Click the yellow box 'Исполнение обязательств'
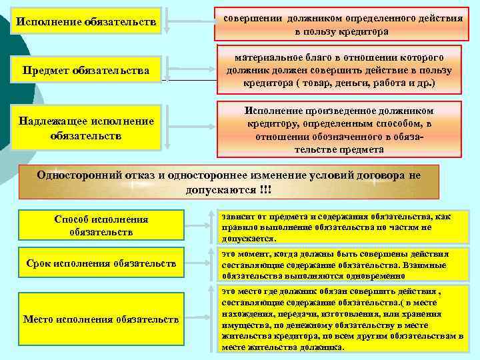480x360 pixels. coord(87,23)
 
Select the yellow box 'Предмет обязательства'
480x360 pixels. coord(87,69)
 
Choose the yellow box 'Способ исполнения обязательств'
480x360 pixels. coord(101,225)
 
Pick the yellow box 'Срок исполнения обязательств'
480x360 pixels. coord(100,265)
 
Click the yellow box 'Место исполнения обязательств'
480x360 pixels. coord(101,320)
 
